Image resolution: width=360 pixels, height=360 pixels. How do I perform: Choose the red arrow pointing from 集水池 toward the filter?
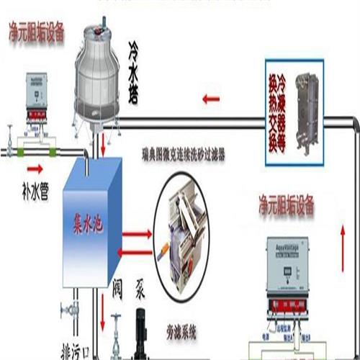coord(138,235)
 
